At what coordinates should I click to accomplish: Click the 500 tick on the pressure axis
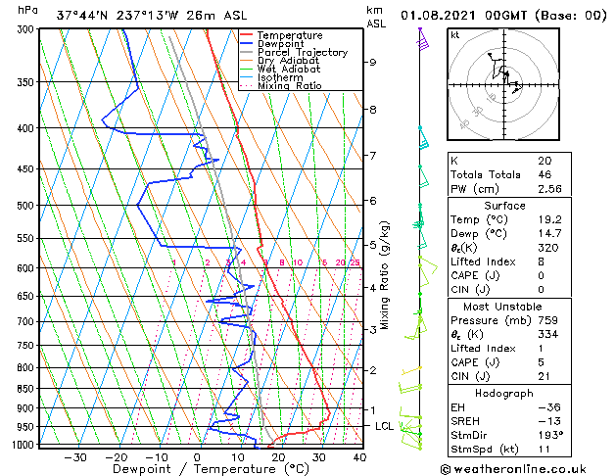click(26, 206)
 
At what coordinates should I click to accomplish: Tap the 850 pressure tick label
click(26, 389)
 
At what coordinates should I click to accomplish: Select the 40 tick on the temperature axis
click(359, 456)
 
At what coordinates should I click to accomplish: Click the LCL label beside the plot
click(384, 426)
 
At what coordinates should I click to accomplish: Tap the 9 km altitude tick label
click(373, 62)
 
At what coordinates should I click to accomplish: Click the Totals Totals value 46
click(545, 174)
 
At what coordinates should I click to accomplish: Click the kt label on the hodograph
click(455, 35)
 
